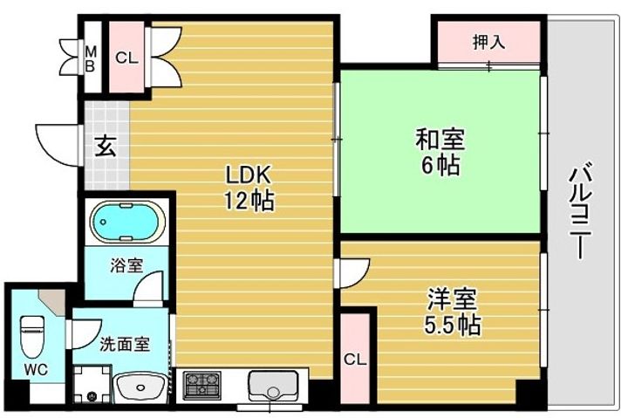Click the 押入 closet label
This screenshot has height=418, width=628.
click(488, 40)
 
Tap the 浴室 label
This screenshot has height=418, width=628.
click(126, 264)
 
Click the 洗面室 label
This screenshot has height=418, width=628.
click(124, 344)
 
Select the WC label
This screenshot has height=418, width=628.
click(36, 369)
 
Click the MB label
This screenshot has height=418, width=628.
click(90, 58)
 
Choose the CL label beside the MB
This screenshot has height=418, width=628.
click(126, 58)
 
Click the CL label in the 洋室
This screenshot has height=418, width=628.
click(354, 359)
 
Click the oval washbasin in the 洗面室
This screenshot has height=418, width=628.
click(140, 386)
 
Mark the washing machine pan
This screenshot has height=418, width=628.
click(92, 385)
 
